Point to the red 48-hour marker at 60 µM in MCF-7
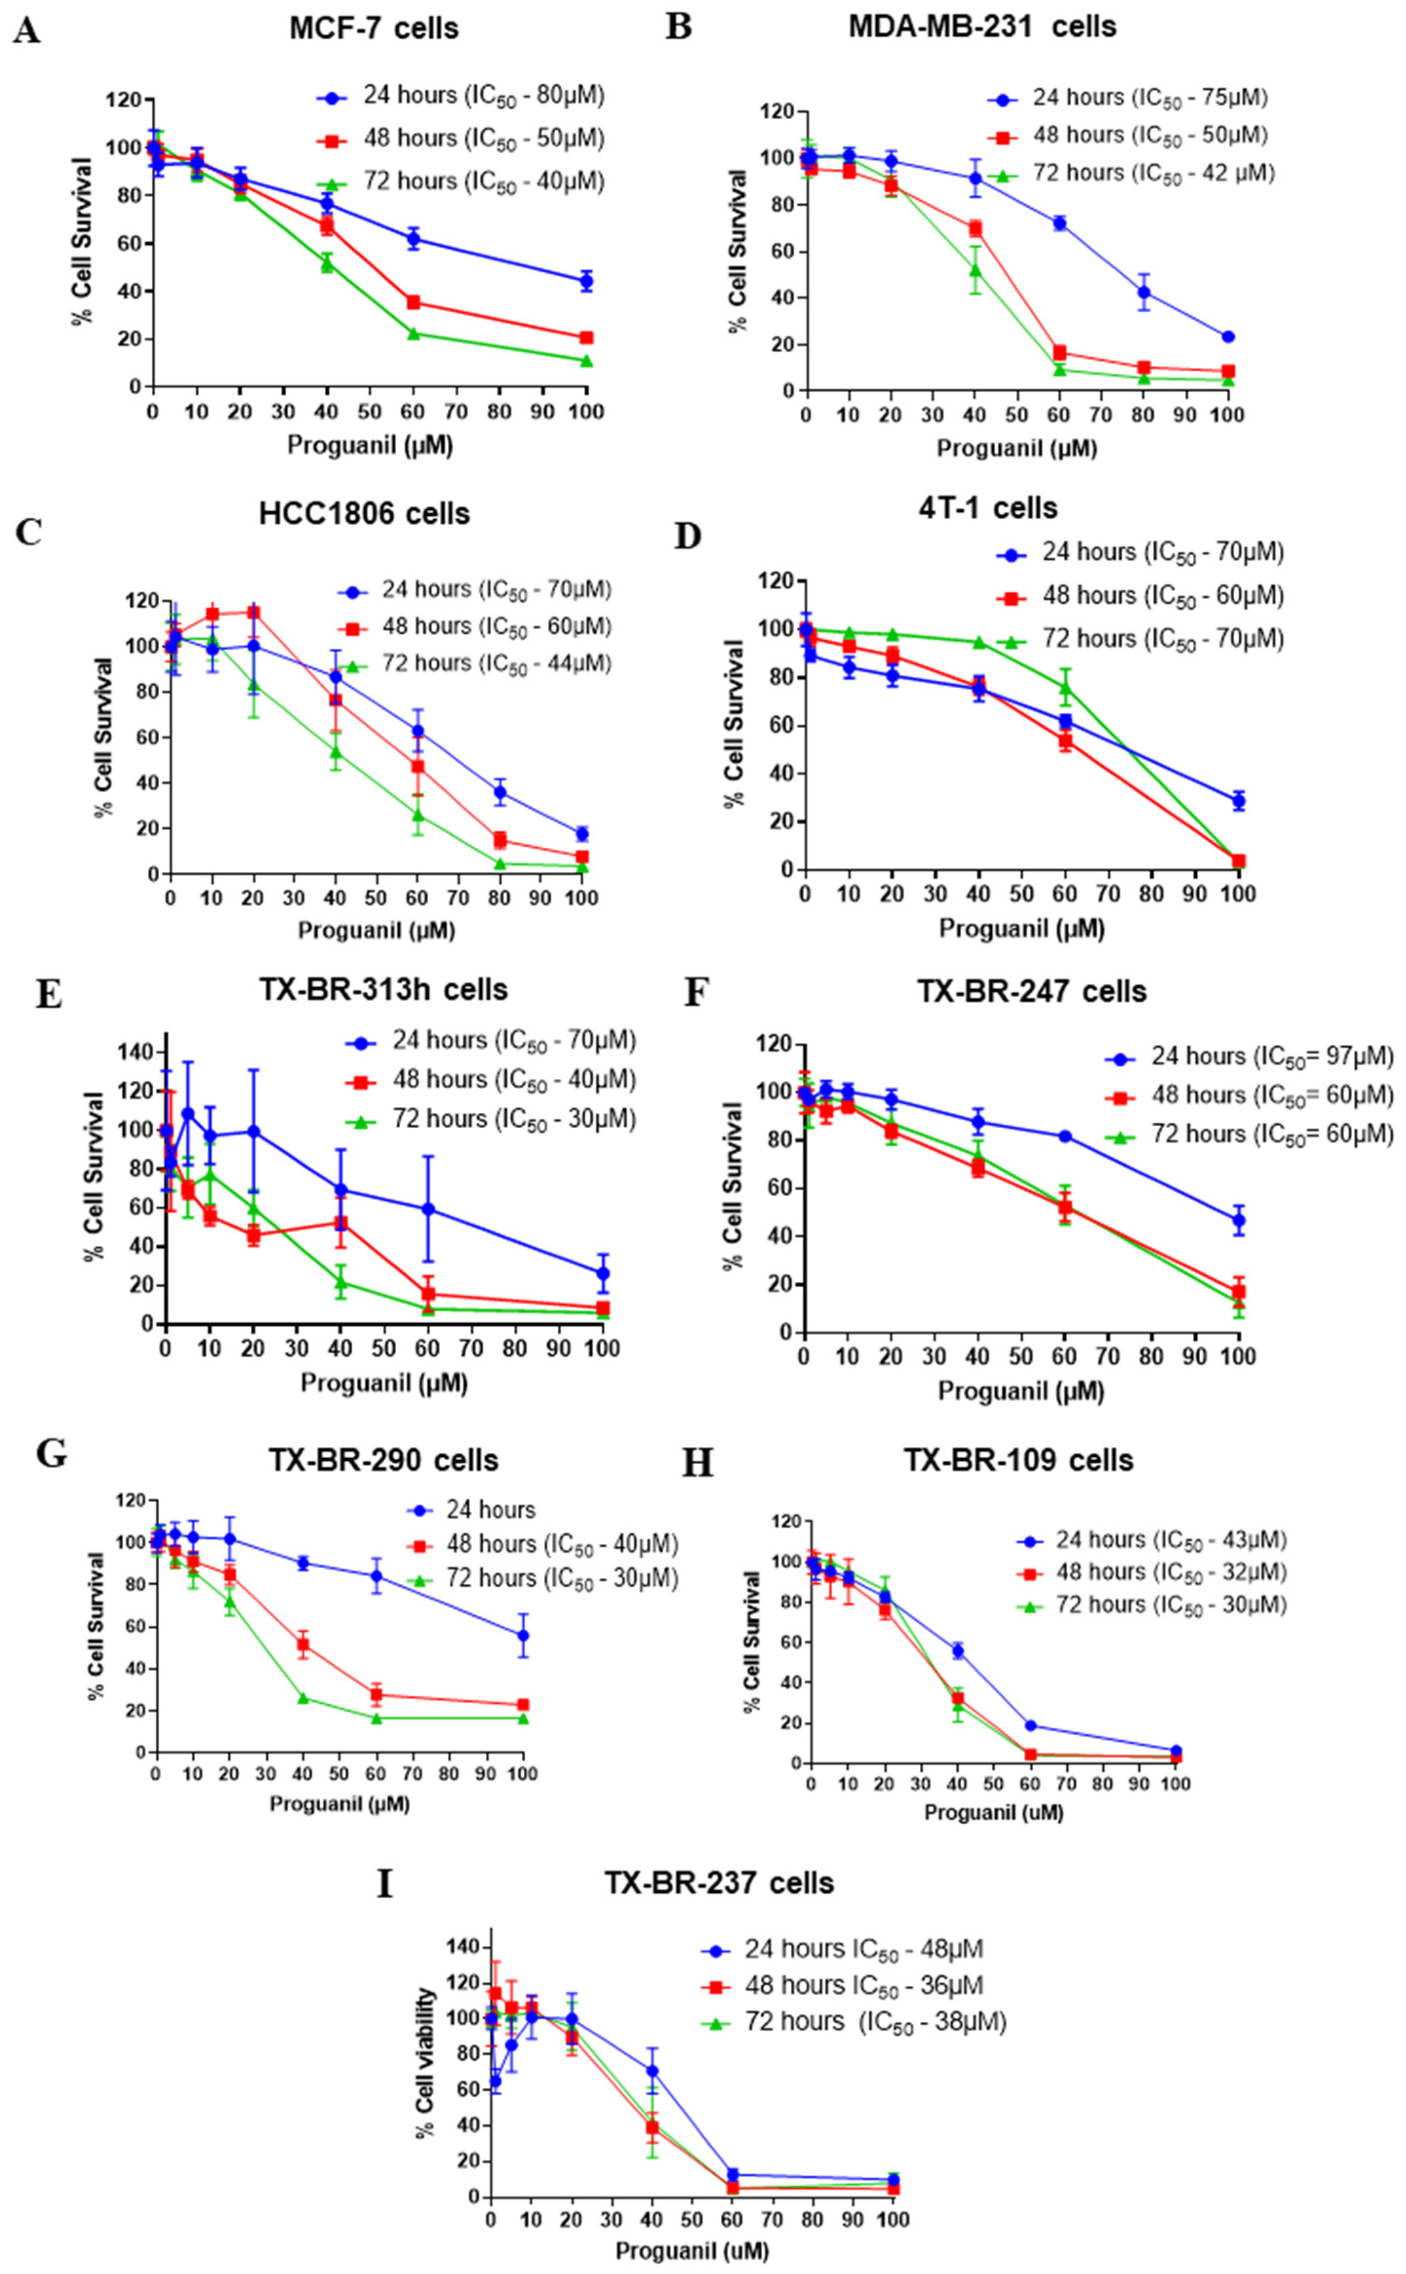(413, 302)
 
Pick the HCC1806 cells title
(364, 514)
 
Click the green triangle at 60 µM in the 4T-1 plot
(1065, 687)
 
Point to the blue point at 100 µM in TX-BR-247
(1238, 1220)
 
